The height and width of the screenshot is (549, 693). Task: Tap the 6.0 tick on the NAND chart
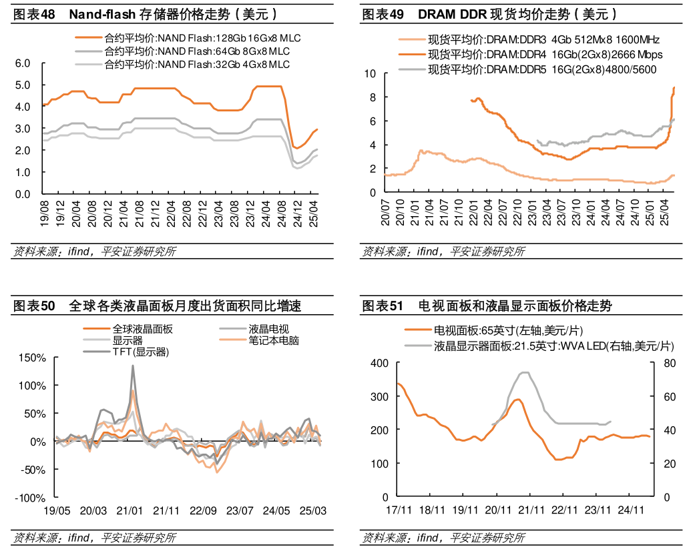(x=23, y=63)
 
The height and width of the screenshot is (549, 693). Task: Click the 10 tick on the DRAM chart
(x=371, y=73)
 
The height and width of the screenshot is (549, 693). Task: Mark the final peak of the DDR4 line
(x=674, y=87)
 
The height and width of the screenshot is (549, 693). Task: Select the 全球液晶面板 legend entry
(x=142, y=329)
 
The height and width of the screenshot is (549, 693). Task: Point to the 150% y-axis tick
(x=31, y=358)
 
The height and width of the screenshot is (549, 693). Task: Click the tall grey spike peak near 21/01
(x=133, y=365)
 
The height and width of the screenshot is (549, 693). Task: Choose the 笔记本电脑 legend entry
(x=274, y=341)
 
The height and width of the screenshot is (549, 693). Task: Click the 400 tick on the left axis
(x=379, y=363)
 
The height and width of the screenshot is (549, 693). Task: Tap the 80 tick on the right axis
(x=668, y=363)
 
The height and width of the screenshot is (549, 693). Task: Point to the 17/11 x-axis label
(x=399, y=510)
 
